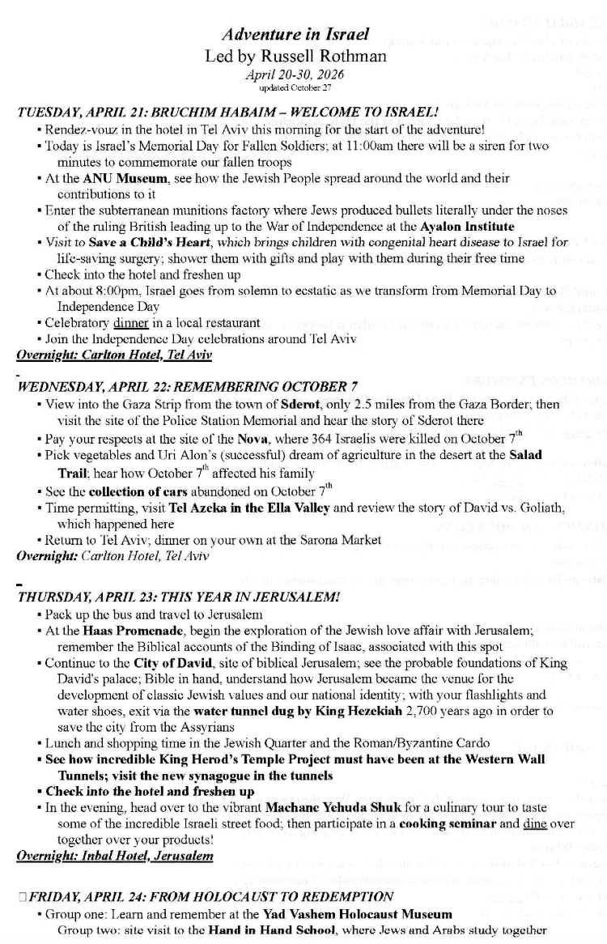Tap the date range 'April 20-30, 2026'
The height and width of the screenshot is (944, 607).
(x=295, y=74)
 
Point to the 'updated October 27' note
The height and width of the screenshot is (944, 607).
(x=295, y=87)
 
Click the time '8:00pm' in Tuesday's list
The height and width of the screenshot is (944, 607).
(x=125, y=290)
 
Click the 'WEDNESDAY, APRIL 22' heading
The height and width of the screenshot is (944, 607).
(x=96, y=386)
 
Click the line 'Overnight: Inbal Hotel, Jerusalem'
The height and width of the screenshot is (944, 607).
(x=114, y=853)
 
